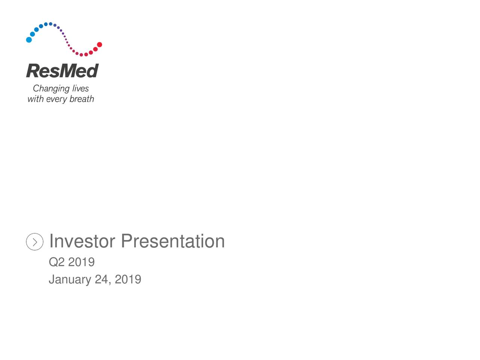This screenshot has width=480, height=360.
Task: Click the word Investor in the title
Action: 82,241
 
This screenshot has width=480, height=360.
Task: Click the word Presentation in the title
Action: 173,241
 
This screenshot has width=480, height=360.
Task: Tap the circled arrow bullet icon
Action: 34,241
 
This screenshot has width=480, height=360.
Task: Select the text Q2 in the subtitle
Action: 57,262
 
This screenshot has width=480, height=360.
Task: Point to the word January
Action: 70,279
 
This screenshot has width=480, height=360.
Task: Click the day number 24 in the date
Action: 101,279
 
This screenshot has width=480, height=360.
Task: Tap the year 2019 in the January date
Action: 128,279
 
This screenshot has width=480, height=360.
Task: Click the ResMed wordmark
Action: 62,70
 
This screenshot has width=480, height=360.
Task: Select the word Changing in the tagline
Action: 51,88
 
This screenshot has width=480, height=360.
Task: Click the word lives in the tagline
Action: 80,88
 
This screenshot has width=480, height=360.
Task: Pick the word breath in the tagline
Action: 82,99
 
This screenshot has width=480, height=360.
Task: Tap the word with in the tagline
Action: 35,99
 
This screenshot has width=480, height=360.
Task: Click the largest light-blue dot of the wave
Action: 29,40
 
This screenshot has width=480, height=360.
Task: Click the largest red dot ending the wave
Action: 99,45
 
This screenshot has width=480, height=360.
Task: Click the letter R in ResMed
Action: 33,70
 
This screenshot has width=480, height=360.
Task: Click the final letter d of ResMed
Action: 93,70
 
